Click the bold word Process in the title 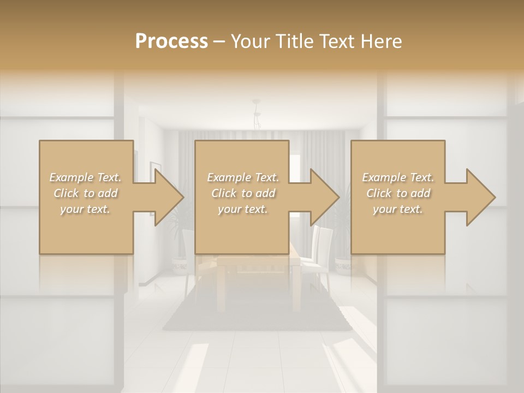[171, 41]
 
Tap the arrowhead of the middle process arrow [324, 197]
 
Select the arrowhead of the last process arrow [480, 197]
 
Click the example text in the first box [86, 193]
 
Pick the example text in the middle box [242, 193]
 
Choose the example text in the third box [398, 193]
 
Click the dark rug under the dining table [257, 317]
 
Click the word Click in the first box [67, 193]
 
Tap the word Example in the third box [383, 177]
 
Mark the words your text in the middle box [242, 209]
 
